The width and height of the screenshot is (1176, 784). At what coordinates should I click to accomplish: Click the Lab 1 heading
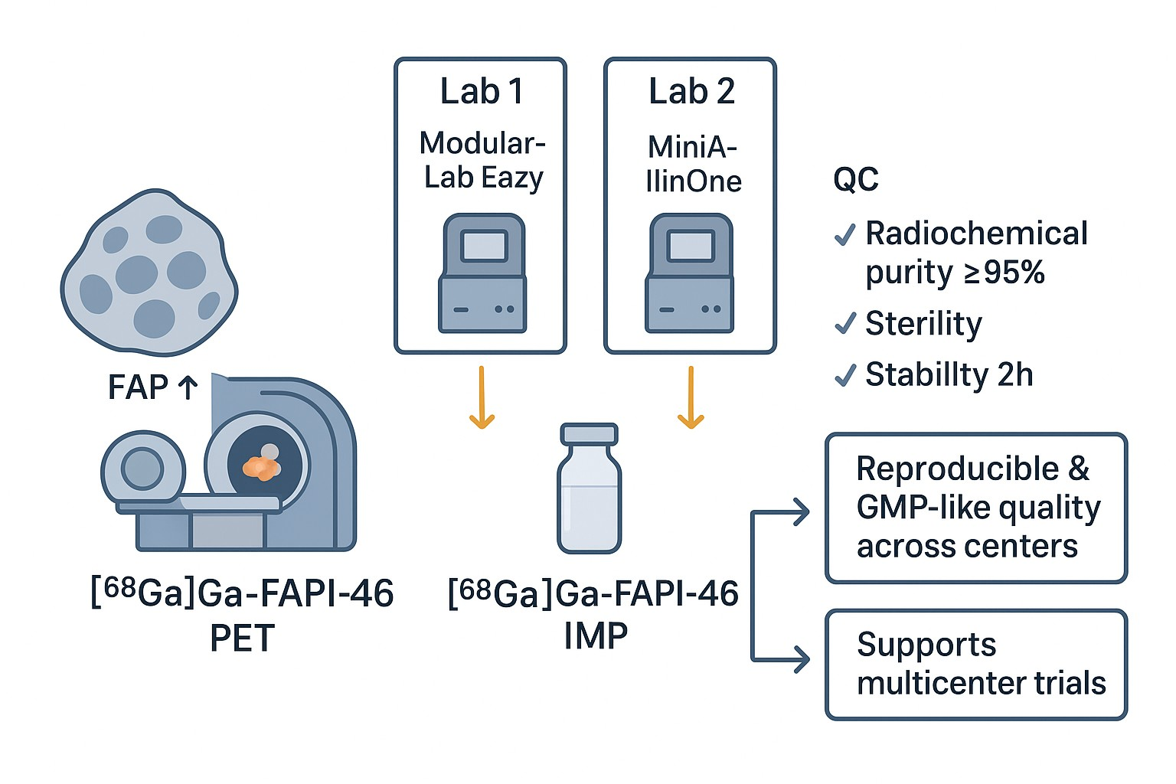482,92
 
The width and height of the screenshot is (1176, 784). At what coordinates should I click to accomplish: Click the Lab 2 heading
691,92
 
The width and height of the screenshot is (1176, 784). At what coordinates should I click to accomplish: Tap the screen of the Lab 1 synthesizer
484,247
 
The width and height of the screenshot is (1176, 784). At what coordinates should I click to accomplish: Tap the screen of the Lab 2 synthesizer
691,247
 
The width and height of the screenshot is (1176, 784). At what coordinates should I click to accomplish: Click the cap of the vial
589,434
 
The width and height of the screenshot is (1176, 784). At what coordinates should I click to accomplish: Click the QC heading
855,180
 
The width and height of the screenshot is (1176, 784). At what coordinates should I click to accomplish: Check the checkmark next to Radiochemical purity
844,234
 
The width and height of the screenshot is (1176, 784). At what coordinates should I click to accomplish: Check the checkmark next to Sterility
844,324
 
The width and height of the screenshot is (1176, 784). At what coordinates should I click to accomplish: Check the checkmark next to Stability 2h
844,375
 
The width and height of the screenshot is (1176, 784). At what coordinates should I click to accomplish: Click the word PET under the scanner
242,639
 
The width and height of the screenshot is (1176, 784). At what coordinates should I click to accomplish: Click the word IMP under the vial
596,636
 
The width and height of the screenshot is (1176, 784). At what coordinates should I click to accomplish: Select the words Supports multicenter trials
981,664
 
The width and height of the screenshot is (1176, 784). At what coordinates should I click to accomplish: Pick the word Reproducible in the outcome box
957,469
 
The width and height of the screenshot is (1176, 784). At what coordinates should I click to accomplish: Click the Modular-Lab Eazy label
483,160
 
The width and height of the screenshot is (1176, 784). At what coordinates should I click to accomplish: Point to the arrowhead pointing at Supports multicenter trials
802,658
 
